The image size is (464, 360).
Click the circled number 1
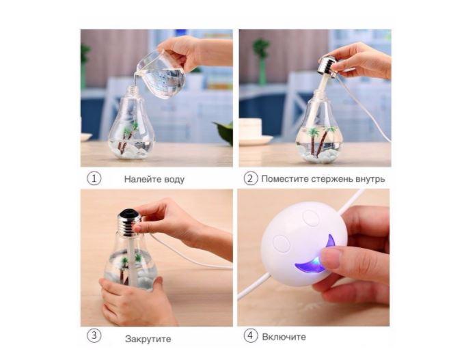click(94, 179)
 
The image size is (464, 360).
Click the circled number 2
click(251, 178)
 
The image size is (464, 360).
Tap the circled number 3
click(94, 335)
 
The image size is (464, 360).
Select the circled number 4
click(251, 335)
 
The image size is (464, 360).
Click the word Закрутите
click(148, 339)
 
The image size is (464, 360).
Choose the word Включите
click(284, 337)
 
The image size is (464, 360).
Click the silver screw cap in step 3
click(129, 222)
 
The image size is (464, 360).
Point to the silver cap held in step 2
click(327, 66)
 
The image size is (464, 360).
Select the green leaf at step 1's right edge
click(224, 133)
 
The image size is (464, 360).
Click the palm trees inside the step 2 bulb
click(321, 140)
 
